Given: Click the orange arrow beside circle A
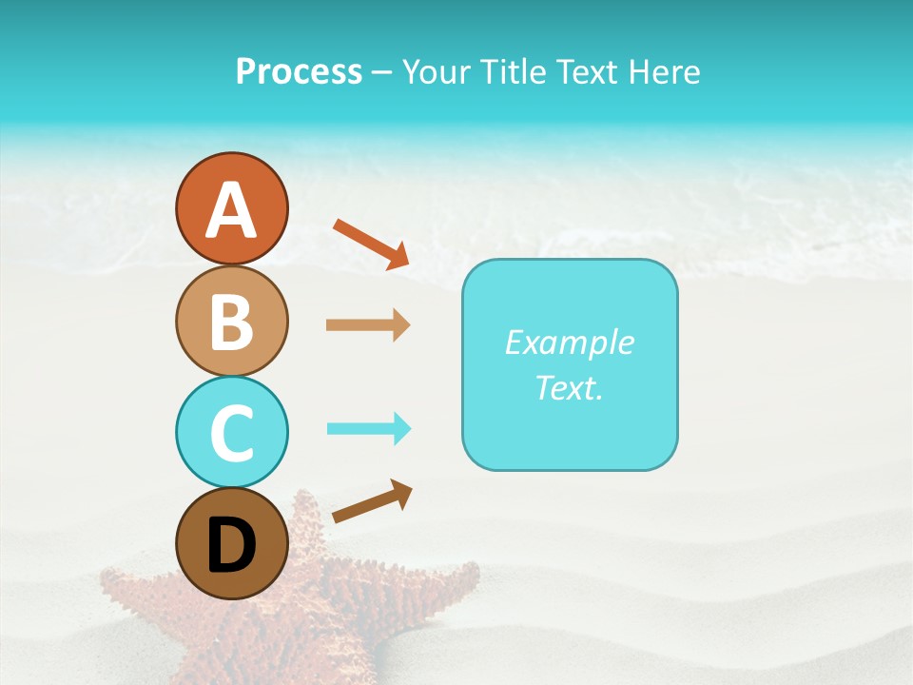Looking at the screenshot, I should pyautogui.click(x=371, y=244).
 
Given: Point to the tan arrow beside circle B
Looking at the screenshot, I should pyautogui.click(x=368, y=325).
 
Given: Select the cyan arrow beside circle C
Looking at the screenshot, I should pyautogui.click(x=369, y=429).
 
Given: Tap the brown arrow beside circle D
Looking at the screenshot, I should pyautogui.click(x=372, y=501).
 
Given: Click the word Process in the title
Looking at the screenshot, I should pyautogui.click(x=299, y=72).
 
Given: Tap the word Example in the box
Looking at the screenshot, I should pyautogui.click(x=570, y=342).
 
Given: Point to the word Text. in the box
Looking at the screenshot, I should pyautogui.click(x=570, y=387).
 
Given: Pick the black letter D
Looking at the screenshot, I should pyautogui.click(x=231, y=544).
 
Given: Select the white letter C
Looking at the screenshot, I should pyautogui.click(x=231, y=433).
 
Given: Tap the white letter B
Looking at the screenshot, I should pyautogui.click(x=231, y=322).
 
